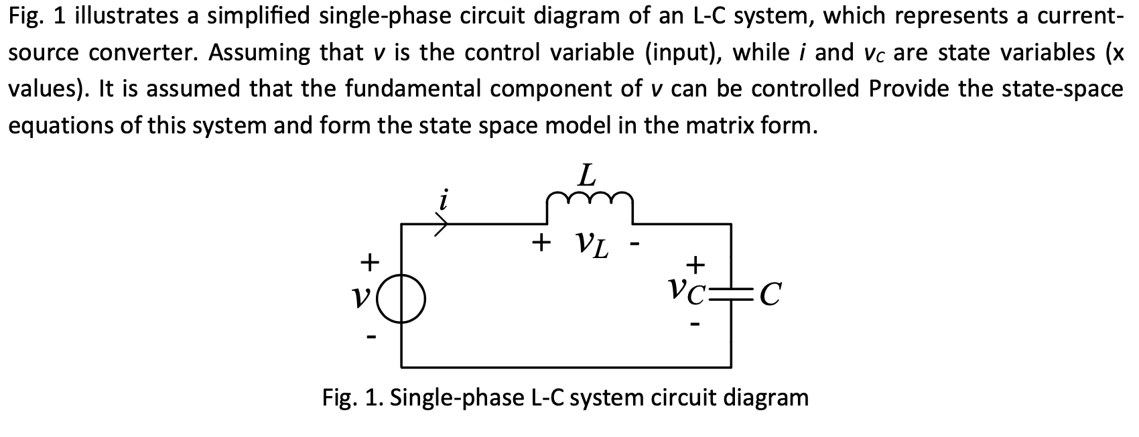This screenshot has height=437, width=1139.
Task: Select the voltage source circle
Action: [x=401, y=299]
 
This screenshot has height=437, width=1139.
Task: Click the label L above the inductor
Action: [x=588, y=176]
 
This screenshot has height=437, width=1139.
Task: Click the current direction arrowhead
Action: [x=442, y=224]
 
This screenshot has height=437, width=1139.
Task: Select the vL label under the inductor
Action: [x=592, y=245]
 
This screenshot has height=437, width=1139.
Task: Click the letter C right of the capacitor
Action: [x=770, y=294]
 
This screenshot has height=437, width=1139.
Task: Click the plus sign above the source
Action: [x=370, y=263]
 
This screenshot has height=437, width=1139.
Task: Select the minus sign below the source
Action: [x=372, y=336]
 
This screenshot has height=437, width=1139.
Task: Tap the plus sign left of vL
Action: [x=541, y=243]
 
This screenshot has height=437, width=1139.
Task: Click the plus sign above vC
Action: [x=695, y=265]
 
